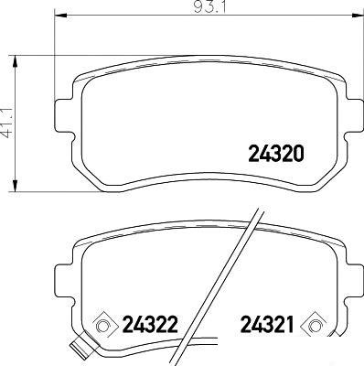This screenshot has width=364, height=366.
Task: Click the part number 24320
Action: click(276, 154)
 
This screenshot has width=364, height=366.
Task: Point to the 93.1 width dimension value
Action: click(209, 7)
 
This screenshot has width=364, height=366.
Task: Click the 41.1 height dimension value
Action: click(8, 123)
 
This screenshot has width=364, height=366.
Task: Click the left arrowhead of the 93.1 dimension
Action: click(60, 14)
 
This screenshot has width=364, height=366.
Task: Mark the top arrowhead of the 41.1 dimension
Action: click(15, 62)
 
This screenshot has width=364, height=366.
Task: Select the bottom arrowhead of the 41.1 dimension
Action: click(15, 185)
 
